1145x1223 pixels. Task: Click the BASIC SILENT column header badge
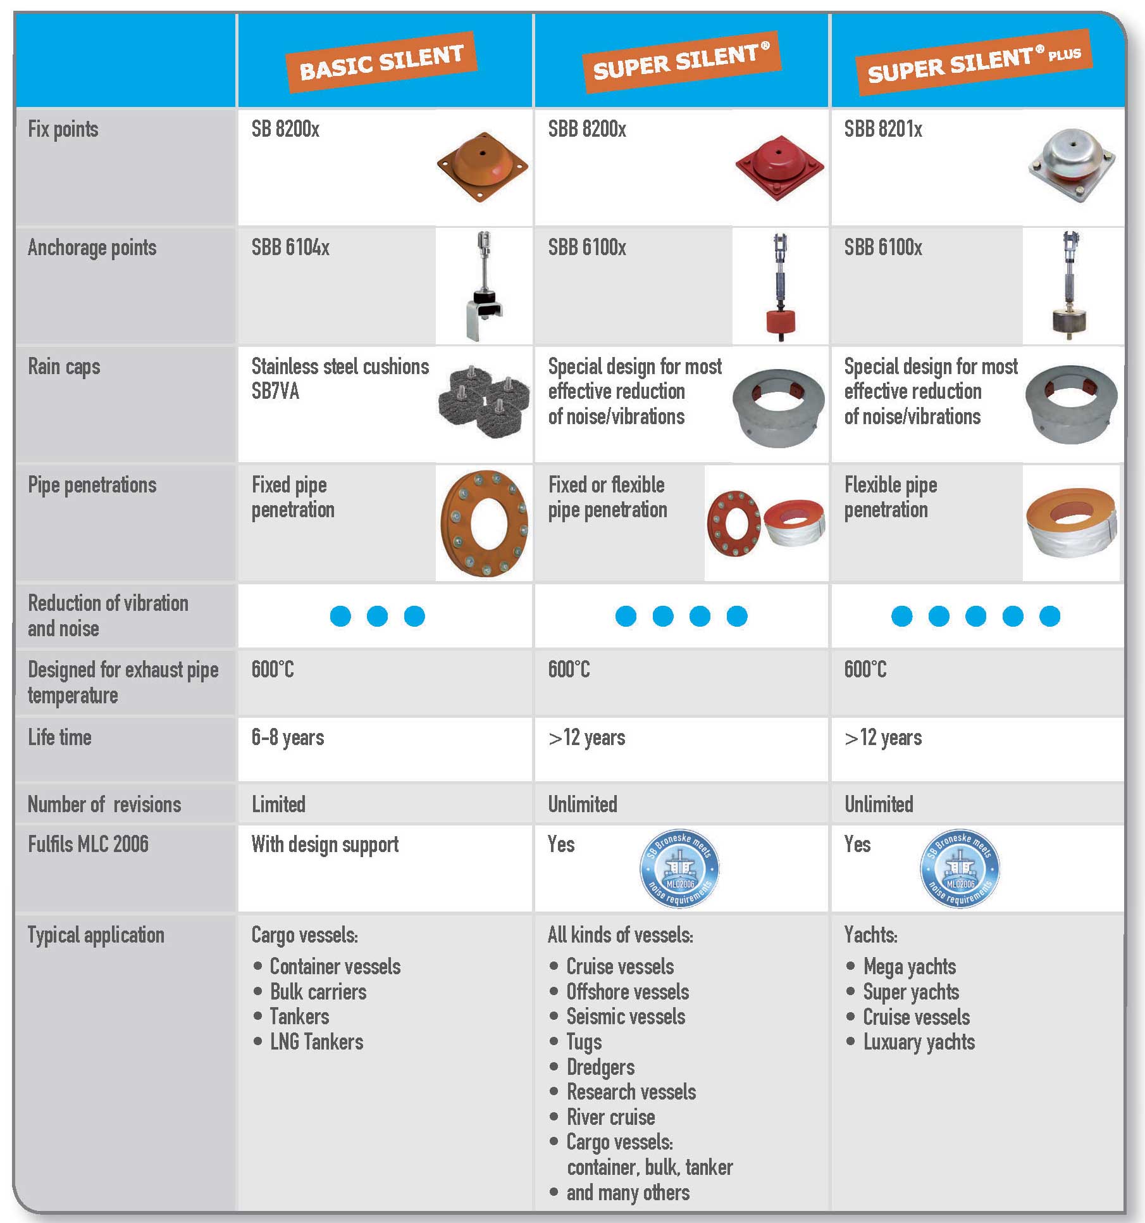tap(381, 63)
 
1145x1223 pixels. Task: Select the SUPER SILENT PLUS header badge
tap(974, 62)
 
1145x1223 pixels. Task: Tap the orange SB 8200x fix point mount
tap(483, 166)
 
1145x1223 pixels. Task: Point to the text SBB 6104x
tap(290, 248)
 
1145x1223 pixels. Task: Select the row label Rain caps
tap(64, 367)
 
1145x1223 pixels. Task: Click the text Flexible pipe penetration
tap(891, 498)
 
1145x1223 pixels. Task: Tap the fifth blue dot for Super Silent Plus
tap(1049, 616)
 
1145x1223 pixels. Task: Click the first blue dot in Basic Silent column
tap(340, 616)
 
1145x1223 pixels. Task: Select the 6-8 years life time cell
tap(288, 738)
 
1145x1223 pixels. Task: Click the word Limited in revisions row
tap(278, 805)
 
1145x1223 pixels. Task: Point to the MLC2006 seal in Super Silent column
tap(680, 869)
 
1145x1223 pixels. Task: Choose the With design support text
tap(325, 845)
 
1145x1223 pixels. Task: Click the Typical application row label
tap(96, 936)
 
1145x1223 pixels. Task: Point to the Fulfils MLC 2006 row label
tap(88, 844)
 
